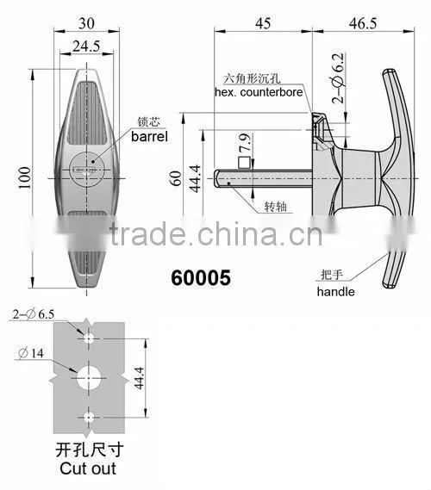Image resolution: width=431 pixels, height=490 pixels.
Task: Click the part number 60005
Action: coord(201,278)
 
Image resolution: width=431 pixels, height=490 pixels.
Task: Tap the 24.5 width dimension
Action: coord(86,47)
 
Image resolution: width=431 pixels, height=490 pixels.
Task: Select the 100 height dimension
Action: coord(25,177)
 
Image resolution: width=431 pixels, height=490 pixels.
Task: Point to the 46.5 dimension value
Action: coord(363,23)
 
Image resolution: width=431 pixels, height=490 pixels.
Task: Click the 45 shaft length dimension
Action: coord(263,23)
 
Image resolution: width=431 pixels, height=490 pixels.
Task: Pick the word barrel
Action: coord(149,137)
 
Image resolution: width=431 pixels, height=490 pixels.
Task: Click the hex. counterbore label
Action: coord(259,92)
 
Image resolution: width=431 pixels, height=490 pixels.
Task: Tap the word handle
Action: coord(335,292)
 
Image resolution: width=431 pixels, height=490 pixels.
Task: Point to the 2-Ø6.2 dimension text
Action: coord(338,78)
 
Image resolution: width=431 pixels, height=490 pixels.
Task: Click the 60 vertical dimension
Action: coord(176,178)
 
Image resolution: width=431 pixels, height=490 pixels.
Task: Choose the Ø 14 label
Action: coord(31,353)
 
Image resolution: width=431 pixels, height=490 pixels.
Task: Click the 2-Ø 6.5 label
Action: coord(34,314)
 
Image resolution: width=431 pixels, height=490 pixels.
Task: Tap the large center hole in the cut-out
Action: coord(89,378)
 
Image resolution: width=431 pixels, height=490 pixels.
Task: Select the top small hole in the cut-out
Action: coord(89,338)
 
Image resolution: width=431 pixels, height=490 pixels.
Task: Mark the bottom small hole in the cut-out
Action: coord(89,417)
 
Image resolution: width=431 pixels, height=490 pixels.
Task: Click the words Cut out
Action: coord(88,468)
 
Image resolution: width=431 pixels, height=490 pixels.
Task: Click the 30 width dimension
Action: coord(86,23)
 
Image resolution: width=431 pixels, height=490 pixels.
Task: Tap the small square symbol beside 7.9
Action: coord(244,163)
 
